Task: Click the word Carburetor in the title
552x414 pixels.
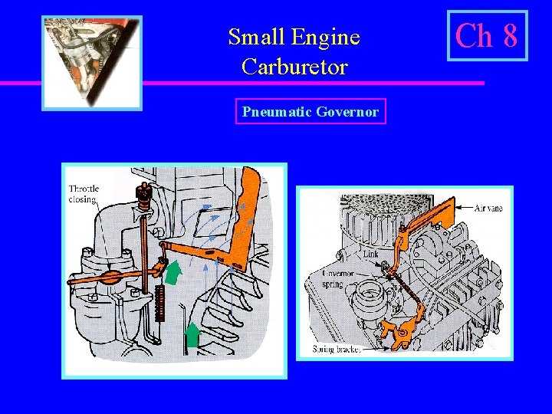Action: [294, 67]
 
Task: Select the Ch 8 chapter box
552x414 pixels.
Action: [488, 35]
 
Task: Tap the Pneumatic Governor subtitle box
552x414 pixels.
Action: [310, 112]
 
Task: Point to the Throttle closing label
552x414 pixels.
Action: [83, 194]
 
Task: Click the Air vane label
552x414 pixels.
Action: [488, 208]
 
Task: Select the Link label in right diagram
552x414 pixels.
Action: [370, 253]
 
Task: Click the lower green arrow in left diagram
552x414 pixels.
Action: [192, 335]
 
